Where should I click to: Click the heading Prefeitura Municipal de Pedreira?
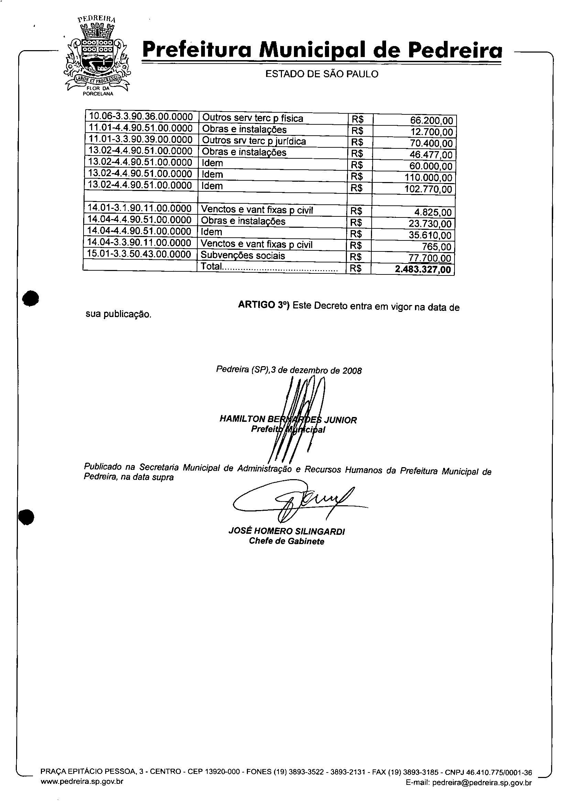322,50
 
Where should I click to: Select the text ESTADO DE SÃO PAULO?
322,74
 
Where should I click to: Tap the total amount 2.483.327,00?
423,269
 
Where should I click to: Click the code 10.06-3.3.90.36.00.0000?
141,116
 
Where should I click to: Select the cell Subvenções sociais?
243,256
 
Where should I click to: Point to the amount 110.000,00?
428,178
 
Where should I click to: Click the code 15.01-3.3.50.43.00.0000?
139,254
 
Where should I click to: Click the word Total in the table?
211,266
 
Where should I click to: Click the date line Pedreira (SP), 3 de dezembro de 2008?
289,370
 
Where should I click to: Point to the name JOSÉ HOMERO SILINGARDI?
286,532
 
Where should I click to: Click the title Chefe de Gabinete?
286,541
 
